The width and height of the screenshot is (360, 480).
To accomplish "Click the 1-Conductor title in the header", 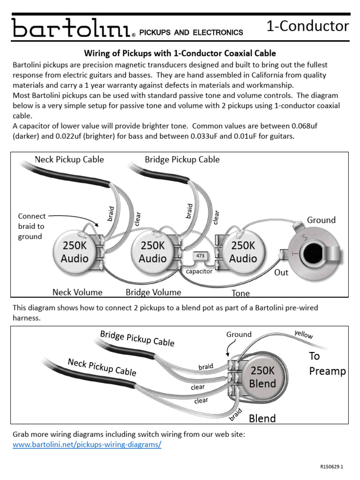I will pos(307,26).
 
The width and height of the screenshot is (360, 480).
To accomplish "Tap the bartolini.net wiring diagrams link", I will pos(87,444).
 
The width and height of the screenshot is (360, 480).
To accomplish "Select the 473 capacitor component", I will pos(200,256).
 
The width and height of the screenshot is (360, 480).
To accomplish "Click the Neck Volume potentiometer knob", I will pos(75,252).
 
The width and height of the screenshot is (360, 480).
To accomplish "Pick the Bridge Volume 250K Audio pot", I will pos(153,252).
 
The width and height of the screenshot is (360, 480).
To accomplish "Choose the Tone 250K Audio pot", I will pos(243,252).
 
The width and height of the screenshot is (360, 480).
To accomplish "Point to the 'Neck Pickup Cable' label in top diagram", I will pos(69,159).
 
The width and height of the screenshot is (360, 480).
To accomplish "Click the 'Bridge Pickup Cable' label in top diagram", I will pos(182,159).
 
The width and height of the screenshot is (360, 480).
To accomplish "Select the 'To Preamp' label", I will pos(327,364).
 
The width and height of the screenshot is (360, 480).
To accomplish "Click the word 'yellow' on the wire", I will pos(304,335).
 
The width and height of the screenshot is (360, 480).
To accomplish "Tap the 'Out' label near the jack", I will pos(281,272).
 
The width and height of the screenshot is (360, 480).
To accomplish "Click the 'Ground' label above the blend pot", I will pos(239,334).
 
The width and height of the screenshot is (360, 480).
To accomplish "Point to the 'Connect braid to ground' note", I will pos(31,226).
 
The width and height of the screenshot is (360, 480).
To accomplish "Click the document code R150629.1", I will pos(332,467).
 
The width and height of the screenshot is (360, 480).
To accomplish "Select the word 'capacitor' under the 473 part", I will pos(199,271).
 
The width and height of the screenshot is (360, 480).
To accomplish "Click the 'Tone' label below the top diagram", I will pos(240,293).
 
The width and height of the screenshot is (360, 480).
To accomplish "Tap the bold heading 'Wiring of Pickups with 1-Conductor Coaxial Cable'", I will pos(180,53).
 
